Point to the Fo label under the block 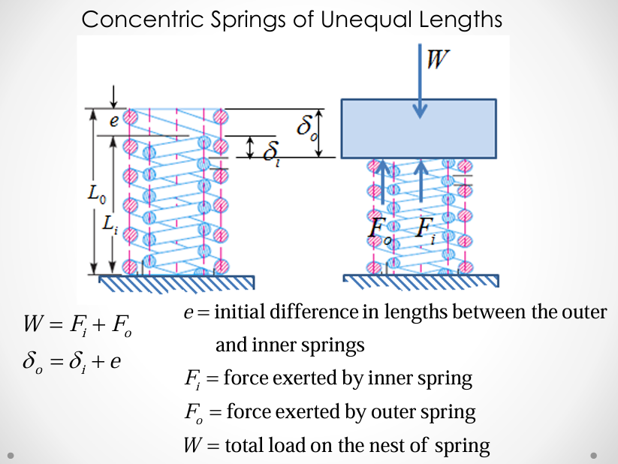(378, 229)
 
